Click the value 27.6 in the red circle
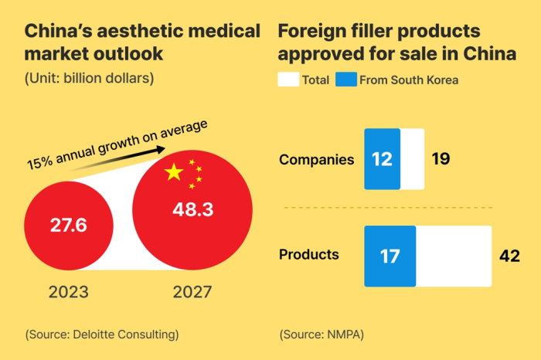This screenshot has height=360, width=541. point(69,226)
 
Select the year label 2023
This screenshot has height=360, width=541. point(69,293)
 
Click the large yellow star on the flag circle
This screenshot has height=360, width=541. point(175,172)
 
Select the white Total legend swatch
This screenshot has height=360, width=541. point(288,80)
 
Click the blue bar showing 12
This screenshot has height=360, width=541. point(383,159)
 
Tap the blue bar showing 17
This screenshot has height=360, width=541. point(390,255)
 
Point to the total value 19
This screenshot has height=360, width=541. point(441,160)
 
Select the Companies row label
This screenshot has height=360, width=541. point(316,160)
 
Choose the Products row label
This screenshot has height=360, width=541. point(308,254)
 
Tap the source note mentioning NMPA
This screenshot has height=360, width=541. point(321,335)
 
